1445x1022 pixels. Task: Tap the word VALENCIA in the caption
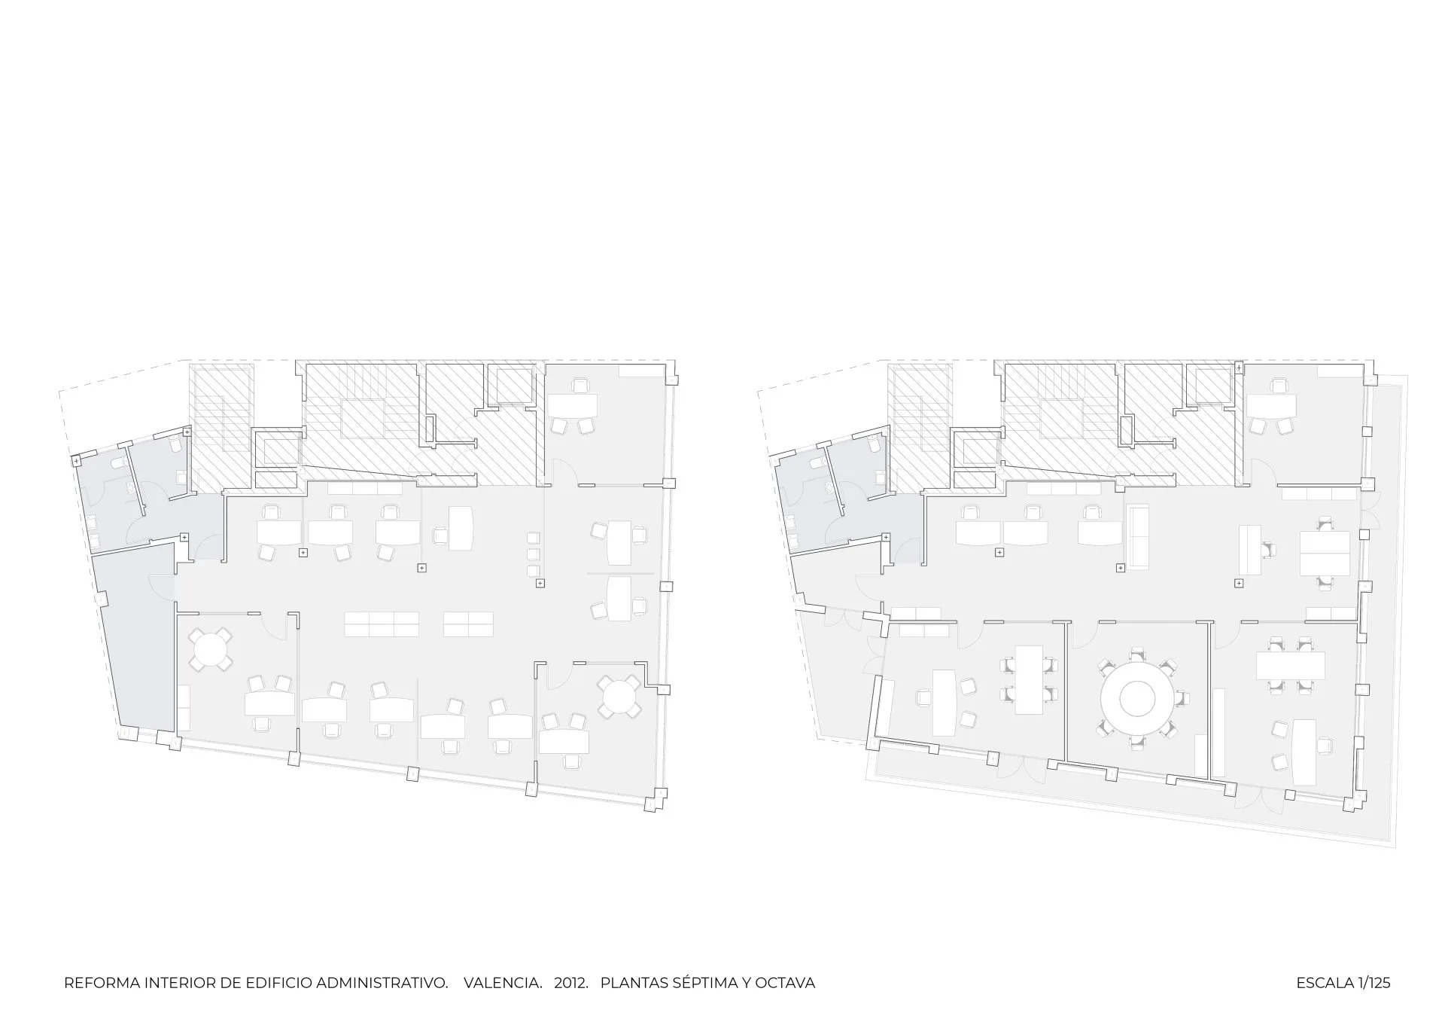503,983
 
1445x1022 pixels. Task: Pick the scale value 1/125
1374,983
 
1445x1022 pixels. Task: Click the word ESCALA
1325,983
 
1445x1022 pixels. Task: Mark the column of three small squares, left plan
534,554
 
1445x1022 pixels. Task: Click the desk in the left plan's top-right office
572,405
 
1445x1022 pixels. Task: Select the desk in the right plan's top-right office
1272,406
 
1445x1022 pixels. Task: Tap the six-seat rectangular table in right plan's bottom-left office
1029,679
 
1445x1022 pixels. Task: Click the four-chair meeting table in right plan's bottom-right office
1290,664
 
